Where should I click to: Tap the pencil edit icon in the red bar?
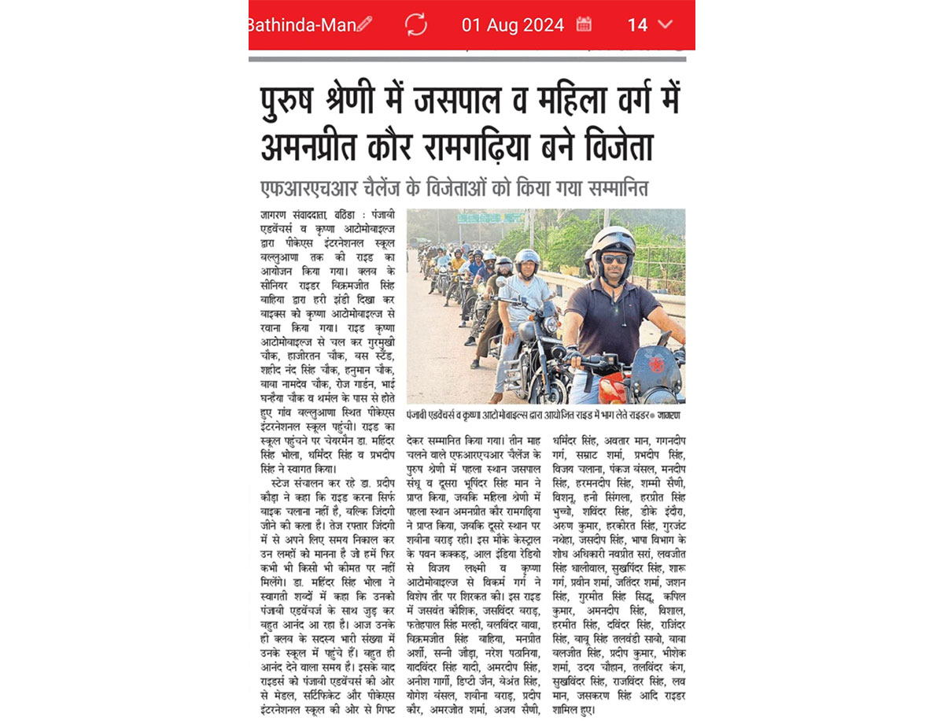[364, 24]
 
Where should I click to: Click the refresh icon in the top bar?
[415, 24]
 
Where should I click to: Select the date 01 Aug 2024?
[513, 24]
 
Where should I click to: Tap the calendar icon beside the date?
[584, 24]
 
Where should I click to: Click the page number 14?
[637, 24]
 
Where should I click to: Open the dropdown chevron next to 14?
[666, 24]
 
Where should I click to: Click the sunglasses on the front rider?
[614, 258]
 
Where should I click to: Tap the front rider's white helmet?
[613, 240]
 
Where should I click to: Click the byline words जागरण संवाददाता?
[288, 215]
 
